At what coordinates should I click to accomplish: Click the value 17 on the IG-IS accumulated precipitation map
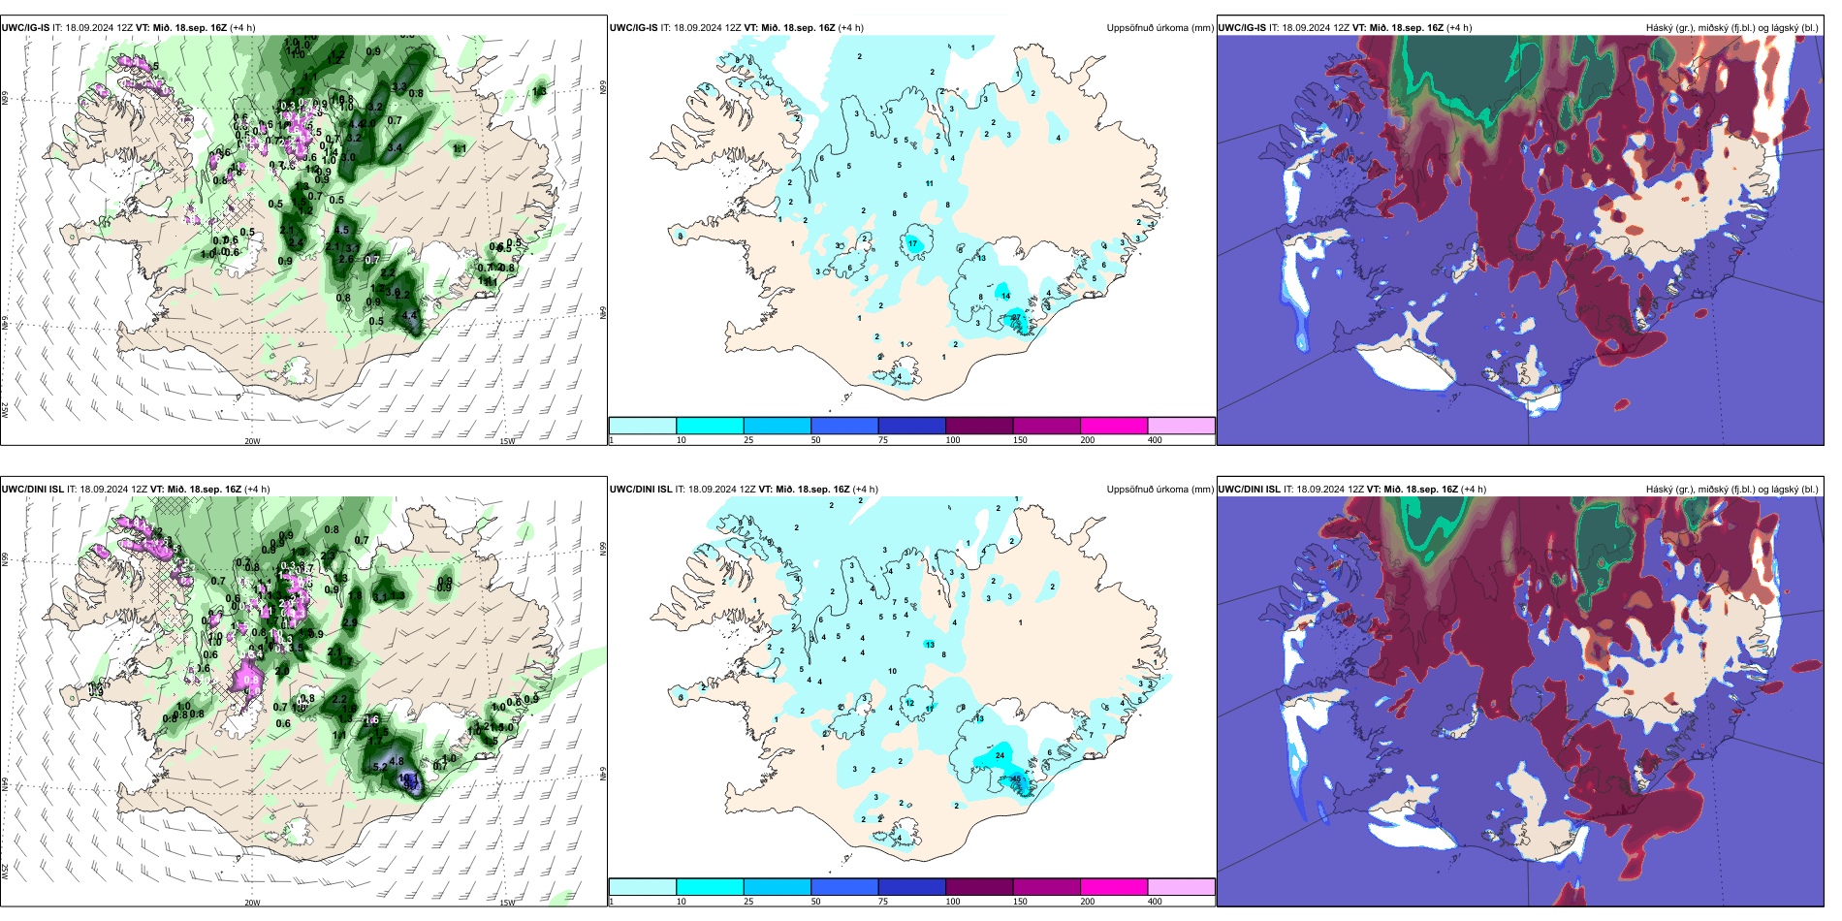(x=912, y=243)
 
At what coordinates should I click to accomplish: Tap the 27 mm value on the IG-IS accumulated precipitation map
(x=1015, y=317)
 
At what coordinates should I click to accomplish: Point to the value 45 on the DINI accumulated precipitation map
(x=1016, y=778)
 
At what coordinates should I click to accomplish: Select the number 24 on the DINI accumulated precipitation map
(x=1000, y=755)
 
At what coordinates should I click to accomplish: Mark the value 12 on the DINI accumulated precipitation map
(x=909, y=703)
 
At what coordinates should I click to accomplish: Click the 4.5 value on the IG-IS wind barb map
(x=410, y=316)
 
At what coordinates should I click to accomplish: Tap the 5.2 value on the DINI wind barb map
(x=380, y=767)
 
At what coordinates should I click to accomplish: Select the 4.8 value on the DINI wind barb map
(x=397, y=761)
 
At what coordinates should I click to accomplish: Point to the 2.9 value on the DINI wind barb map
(x=350, y=622)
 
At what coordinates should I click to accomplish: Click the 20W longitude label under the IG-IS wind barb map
(x=252, y=441)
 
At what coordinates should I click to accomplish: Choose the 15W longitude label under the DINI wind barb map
(x=506, y=903)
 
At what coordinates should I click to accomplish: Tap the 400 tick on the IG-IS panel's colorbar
(x=1155, y=440)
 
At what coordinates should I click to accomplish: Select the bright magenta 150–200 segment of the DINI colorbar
(x=1114, y=886)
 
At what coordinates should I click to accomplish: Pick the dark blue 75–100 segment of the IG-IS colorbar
(x=911, y=425)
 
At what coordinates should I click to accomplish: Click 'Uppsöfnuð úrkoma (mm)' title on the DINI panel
(x=1159, y=490)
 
